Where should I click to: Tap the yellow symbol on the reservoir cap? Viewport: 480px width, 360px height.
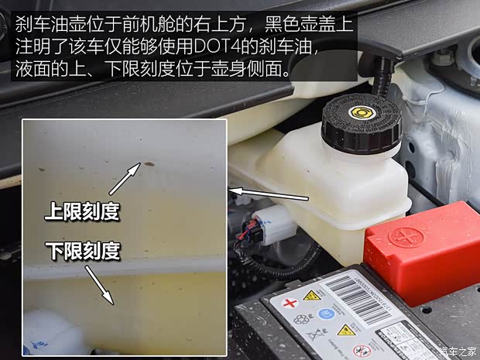(x=358, y=112)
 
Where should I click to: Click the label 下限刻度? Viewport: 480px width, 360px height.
(x=82, y=250)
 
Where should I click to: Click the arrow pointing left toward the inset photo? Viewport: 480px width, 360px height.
(x=260, y=191)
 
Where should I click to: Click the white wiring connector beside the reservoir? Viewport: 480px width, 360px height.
(x=271, y=224)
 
